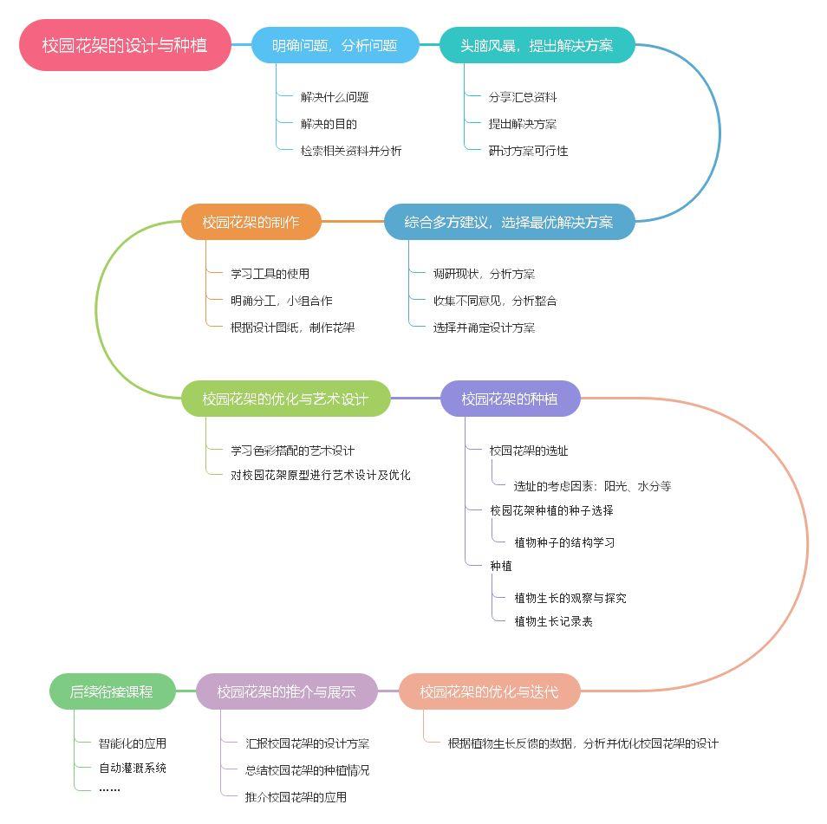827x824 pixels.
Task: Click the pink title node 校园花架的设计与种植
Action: tap(125, 45)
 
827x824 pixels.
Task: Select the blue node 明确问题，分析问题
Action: tap(335, 45)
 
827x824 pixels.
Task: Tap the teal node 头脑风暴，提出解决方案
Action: tap(537, 45)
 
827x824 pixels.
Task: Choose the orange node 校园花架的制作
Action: tap(251, 222)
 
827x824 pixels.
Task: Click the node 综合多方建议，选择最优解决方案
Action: tap(509, 222)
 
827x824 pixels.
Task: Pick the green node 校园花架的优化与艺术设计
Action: tap(285, 399)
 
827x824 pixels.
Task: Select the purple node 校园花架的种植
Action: tap(509, 399)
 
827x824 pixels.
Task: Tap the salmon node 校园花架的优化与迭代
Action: tap(489, 691)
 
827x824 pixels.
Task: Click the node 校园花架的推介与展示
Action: tap(286, 691)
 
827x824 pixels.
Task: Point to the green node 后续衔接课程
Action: tap(112, 691)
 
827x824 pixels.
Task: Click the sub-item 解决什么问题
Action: tap(335, 97)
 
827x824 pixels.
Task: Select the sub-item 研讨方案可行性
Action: tap(528, 151)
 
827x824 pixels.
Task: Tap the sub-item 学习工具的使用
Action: tap(270, 274)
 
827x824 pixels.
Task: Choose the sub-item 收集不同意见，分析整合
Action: tap(495, 301)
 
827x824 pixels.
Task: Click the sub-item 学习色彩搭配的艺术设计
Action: tap(292, 451)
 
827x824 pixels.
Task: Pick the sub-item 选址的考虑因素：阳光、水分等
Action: tap(592, 486)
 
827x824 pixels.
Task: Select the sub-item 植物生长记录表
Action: tap(553, 621)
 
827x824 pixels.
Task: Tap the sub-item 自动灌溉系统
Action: tap(133, 768)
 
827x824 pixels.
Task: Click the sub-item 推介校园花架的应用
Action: tap(296, 797)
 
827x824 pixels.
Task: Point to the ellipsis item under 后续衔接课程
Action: tap(109, 788)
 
